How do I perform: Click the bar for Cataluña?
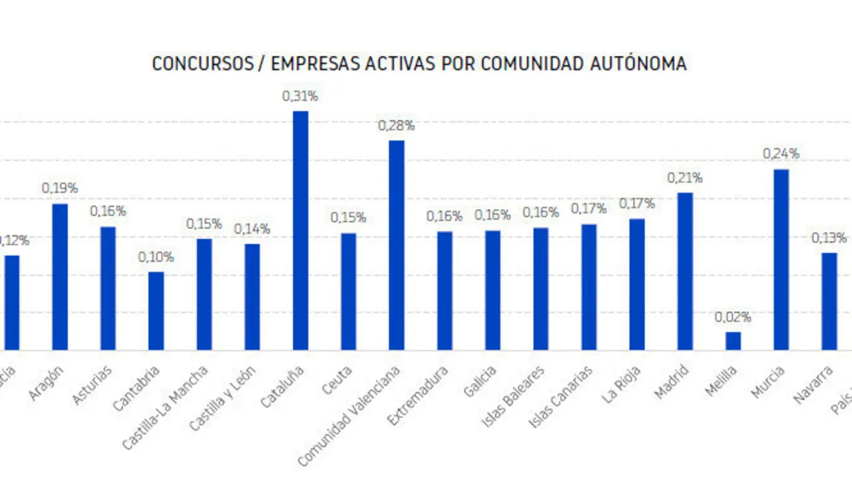click(x=300, y=230)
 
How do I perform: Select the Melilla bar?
click(x=733, y=341)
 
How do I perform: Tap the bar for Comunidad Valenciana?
click(x=397, y=245)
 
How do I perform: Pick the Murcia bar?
click(x=781, y=259)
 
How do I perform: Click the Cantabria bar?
click(x=156, y=311)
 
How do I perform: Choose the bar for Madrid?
click(x=685, y=271)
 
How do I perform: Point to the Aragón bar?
click(x=60, y=277)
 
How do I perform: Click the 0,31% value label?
click(x=300, y=96)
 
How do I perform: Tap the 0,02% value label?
click(x=733, y=317)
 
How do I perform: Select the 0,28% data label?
click(x=397, y=125)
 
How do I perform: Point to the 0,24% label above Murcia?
click(x=781, y=154)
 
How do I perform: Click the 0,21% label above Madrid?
click(x=685, y=178)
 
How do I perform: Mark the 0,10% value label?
click(x=156, y=257)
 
